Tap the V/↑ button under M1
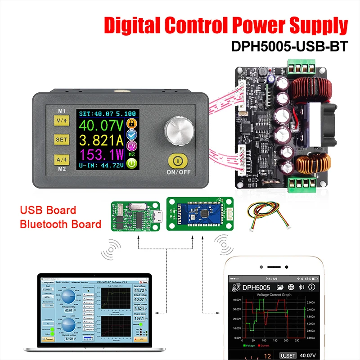pos(61,120)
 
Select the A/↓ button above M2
pos(61,159)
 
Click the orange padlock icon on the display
pos(131,124)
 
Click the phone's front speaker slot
pos(271,266)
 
